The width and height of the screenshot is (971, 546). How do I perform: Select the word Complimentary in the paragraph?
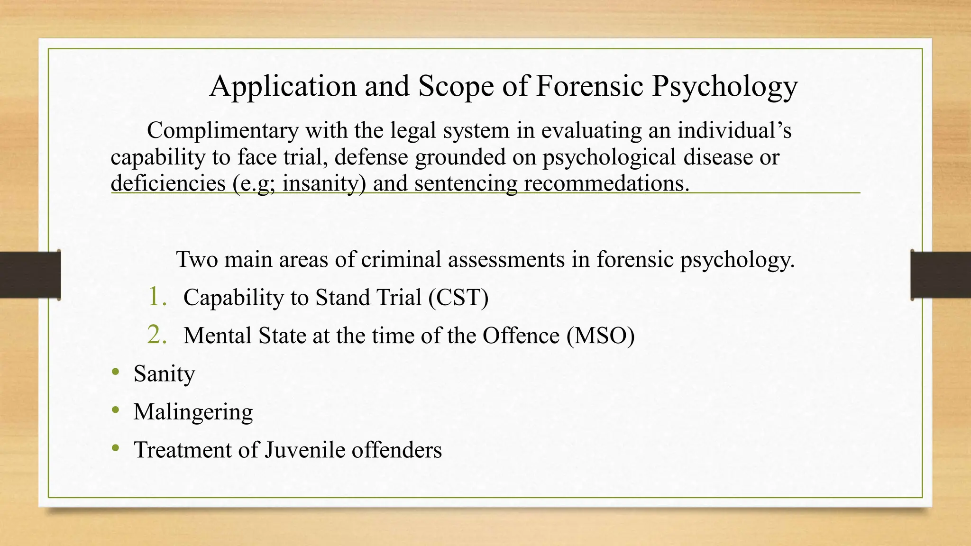click(223, 130)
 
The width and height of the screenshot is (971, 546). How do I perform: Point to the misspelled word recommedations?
click(606, 183)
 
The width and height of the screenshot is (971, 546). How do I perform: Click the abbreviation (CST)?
click(458, 298)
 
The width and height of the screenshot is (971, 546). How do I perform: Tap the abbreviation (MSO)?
click(600, 336)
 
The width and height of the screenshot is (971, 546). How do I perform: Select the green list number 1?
click(157, 297)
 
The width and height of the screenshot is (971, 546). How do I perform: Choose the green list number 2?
click(157, 335)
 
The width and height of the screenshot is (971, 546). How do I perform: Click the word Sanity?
click(164, 374)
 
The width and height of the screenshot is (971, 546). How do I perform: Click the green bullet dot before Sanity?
click(115, 373)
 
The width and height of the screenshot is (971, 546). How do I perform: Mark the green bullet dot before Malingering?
click(115, 410)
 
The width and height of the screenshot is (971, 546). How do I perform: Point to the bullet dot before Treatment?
click(115, 448)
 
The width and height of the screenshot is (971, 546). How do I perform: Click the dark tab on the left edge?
click(30, 275)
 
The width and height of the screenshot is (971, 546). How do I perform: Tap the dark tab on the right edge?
click(941, 275)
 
